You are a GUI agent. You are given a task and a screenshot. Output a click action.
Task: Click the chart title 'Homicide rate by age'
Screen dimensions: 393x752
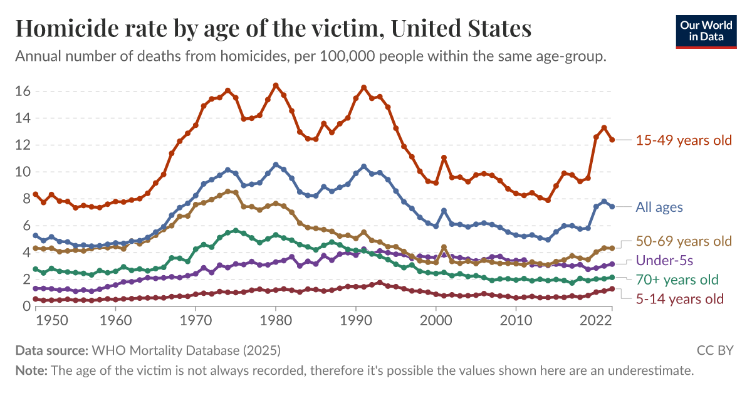click(273, 29)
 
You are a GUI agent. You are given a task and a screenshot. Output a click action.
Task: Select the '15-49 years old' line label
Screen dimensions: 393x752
click(684, 140)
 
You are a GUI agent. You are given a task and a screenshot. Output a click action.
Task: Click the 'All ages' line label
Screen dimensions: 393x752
click(659, 207)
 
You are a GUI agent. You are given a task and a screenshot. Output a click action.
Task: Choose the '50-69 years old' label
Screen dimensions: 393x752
click(684, 241)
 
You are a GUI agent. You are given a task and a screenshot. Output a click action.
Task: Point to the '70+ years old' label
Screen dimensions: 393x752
click(677, 280)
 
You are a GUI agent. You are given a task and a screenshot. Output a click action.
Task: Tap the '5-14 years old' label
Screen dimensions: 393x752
click(679, 299)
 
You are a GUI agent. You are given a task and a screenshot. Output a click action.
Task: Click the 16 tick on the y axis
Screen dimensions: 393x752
click(23, 91)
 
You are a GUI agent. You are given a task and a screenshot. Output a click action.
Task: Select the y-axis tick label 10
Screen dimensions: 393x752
click(23, 172)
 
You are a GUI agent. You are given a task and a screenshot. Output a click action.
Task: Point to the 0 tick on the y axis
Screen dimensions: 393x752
click(26, 307)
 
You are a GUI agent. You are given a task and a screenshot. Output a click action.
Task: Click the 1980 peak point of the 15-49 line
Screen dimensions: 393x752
click(276, 85)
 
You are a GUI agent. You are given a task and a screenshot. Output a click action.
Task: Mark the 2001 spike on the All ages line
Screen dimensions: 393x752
click(444, 211)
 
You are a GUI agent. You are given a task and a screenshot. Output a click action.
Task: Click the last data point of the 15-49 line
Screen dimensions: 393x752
click(612, 140)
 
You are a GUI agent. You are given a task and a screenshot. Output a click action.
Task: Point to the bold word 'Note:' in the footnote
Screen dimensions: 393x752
click(31, 370)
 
